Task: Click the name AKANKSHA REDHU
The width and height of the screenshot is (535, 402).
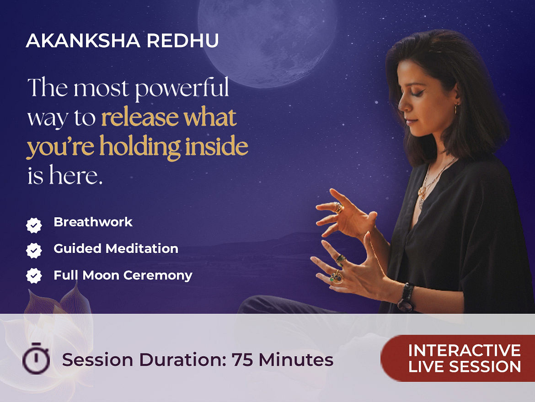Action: (122, 41)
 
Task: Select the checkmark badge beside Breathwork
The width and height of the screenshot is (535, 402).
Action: (34, 225)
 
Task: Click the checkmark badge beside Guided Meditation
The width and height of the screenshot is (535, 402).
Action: (34, 251)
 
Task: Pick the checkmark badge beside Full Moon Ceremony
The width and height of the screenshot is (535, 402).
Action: (34, 276)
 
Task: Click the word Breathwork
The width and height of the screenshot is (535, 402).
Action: (93, 222)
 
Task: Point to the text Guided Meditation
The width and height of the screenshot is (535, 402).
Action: (116, 248)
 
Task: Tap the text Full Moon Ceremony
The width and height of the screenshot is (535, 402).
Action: (123, 275)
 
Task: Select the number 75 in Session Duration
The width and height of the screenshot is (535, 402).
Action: (242, 359)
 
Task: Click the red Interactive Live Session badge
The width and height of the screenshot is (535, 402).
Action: (458, 358)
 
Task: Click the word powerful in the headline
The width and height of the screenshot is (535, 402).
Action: (182, 89)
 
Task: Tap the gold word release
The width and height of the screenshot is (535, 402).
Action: (140, 118)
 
